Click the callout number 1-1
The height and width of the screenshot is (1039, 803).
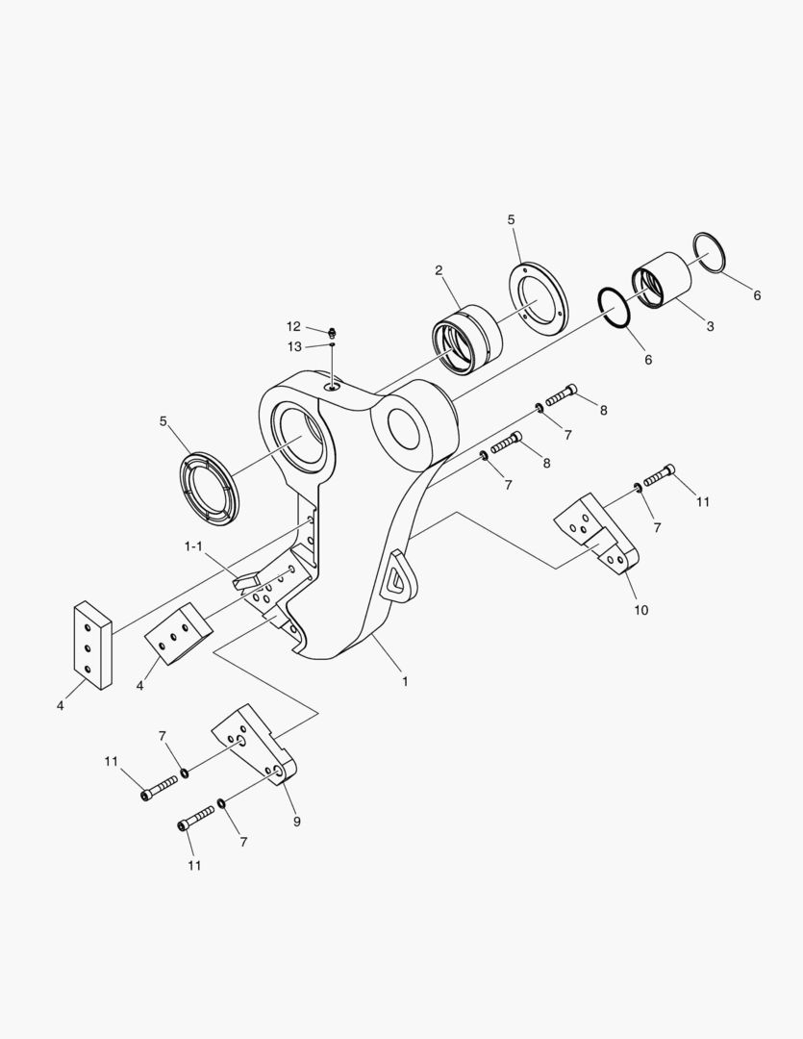[x=193, y=546]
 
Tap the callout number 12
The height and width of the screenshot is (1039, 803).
[x=293, y=326]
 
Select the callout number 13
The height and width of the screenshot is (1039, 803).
[x=293, y=345]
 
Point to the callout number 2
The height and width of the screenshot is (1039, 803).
[x=439, y=270]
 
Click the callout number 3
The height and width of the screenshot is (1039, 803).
[x=710, y=326]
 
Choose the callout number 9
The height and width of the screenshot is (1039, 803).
[x=296, y=822]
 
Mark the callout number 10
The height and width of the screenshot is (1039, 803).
[x=640, y=610]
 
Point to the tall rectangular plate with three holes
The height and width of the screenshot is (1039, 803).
[x=92, y=646]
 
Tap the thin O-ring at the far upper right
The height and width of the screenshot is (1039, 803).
[x=710, y=253]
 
